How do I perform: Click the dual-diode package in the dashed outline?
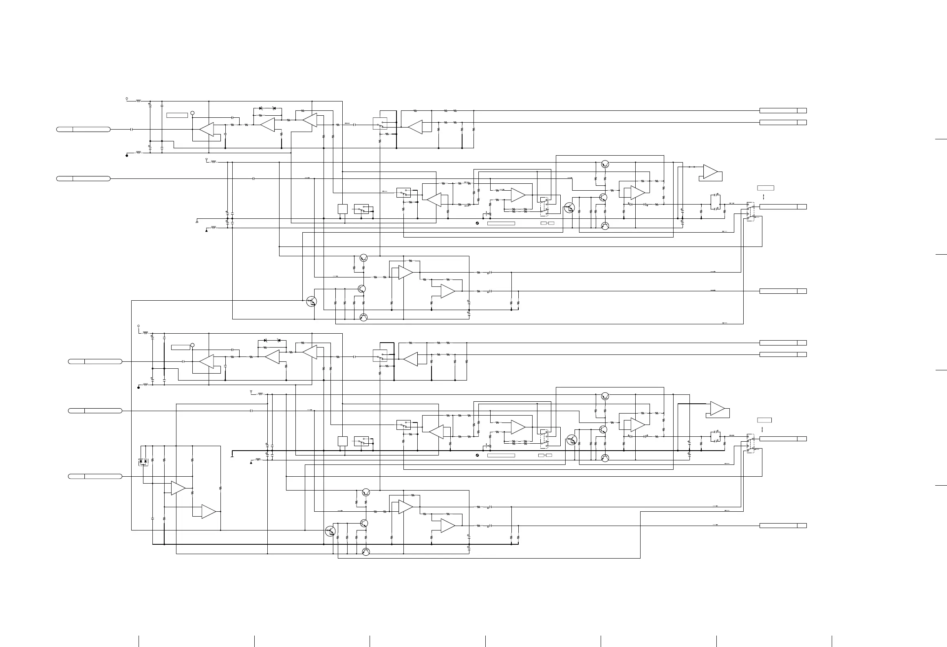point(143,462)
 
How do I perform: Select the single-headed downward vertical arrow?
point(762,429)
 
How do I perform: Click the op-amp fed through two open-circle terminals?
point(711,172)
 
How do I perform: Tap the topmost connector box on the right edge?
point(783,110)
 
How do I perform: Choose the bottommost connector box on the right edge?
point(783,526)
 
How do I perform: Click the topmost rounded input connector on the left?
point(83,129)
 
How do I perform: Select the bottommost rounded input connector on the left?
point(95,476)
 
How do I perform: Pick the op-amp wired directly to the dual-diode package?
point(178,488)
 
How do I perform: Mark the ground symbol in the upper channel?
point(197,222)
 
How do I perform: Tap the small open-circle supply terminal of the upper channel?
point(127,99)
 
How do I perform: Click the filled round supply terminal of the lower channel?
point(139,387)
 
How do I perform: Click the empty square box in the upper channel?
point(343,209)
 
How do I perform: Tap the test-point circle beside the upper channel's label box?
point(193,113)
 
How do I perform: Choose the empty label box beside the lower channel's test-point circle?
point(181,347)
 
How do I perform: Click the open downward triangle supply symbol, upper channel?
point(207,160)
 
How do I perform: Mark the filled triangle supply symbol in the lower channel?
point(251,462)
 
